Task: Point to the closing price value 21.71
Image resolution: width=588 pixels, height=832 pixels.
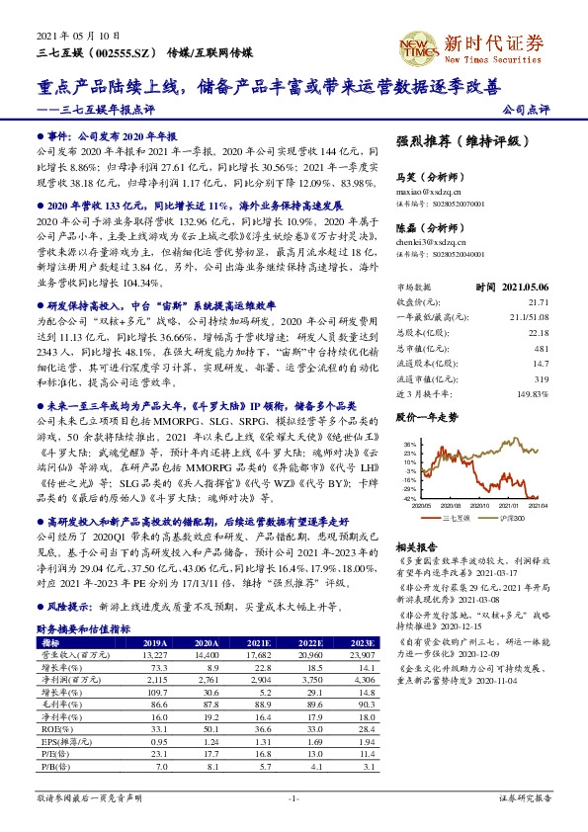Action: pyautogui.click(x=538, y=300)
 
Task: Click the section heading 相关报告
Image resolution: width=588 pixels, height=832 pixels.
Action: pyautogui.click(x=416, y=546)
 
